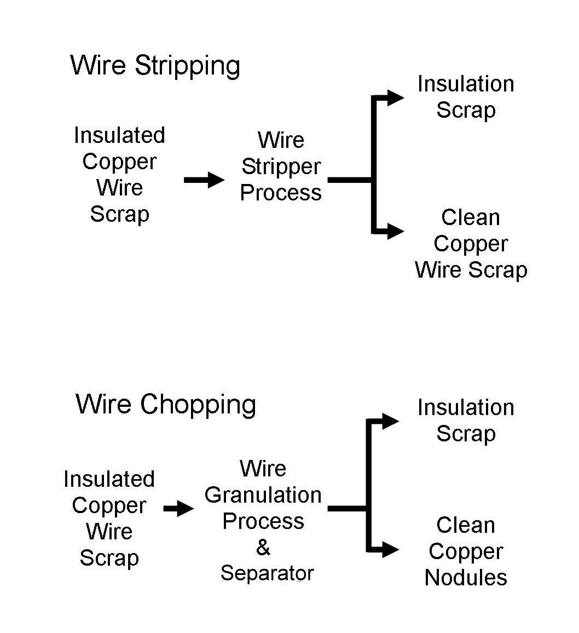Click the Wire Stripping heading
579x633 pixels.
pyautogui.click(x=155, y=66)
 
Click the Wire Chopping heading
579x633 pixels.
pyautogui.click(x=166, y=405)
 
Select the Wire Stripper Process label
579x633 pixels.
pyautogui.click(x=281, y=166)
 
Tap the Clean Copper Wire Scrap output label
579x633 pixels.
pyautogui.click(x=471, y=244)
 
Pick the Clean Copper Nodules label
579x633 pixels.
pyautogui.click(x=466, y=551)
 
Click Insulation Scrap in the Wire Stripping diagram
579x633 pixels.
pyautogui.click(x=466, y=97)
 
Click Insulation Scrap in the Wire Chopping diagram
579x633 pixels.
pyautogui.click(x=466, y=421)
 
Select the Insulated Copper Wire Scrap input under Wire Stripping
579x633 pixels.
pyautogui.click(x=119, y=175)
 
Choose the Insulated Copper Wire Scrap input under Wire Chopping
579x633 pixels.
pyautogui.click(x=109, y=519)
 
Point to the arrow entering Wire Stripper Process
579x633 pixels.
pyautogui.click(x=204, y=180)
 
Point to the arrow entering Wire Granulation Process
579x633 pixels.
pyautogui.click(x=178, y=509)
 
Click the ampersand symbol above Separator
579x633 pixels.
pyautogui.click(x=263, y=547)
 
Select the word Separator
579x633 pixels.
pyautogui.click(x=267, y=573)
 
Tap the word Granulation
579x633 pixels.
pyautogui.click(x=263, y=495)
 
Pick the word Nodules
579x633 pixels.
pyautogui.click(x=466, y=578)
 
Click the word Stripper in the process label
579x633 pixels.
pyautogui.click(x=281, y=166)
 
